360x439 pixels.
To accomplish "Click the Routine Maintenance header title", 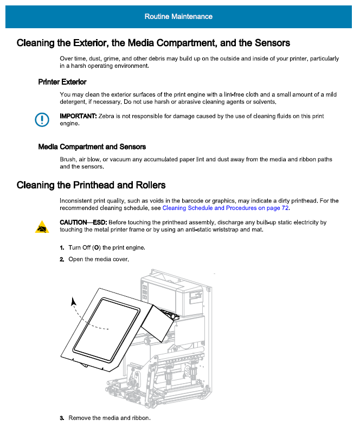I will pos(178,16).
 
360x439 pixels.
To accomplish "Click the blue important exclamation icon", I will pos(42,119).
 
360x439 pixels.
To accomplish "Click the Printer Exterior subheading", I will pos(62,82).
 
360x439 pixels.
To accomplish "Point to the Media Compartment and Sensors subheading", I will pos(92,147).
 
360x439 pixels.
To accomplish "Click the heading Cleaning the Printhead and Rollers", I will pos(91,186).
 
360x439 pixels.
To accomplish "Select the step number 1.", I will pos(62,248).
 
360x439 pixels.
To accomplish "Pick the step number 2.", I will pos(62,259).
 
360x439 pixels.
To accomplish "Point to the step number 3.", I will pos(62,418).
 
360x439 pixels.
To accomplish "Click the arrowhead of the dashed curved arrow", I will pos(73,300).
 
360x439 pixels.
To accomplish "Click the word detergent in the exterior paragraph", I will pos(75,101).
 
